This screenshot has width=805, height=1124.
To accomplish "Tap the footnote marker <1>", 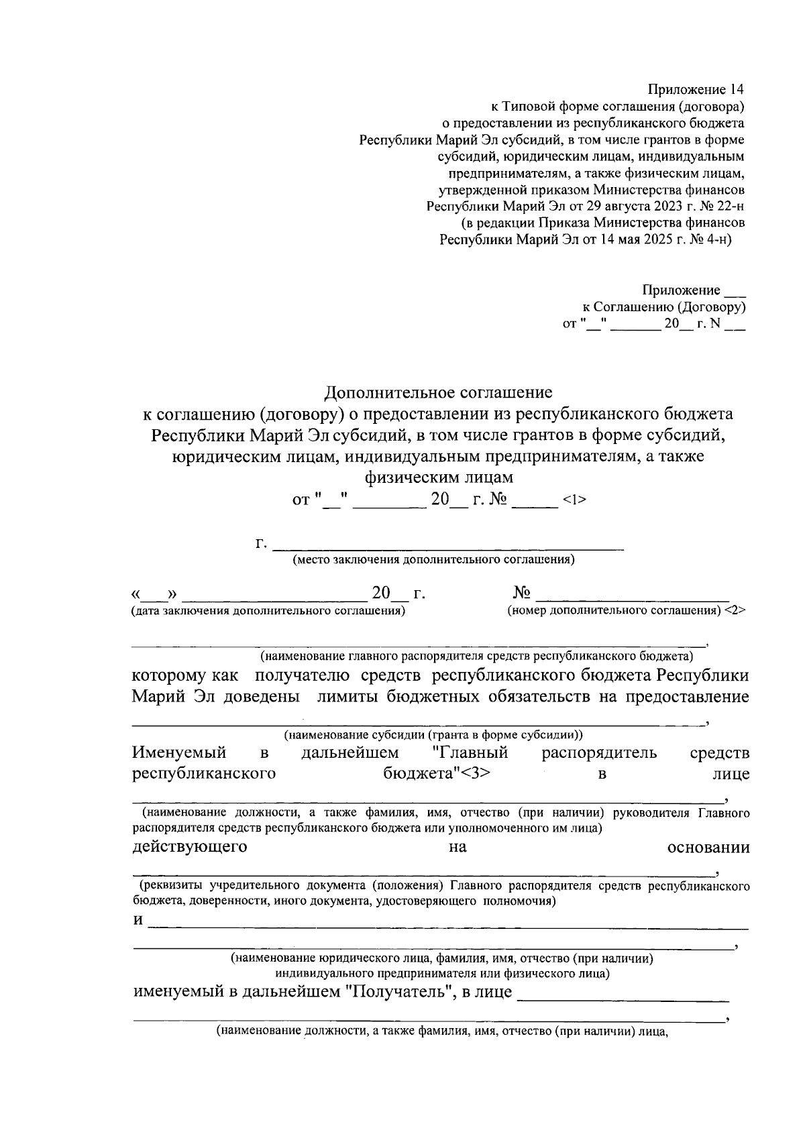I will click(575, 500).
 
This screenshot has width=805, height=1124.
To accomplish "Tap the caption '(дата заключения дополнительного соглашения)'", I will click(268, 611).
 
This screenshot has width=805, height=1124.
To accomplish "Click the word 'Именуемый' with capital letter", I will click(179, 752).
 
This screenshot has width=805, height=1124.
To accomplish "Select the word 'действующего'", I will click(190, 846).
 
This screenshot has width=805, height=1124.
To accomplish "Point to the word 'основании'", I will click(708, 846).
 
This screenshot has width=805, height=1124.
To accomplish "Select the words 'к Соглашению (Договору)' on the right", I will click(663, 307).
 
